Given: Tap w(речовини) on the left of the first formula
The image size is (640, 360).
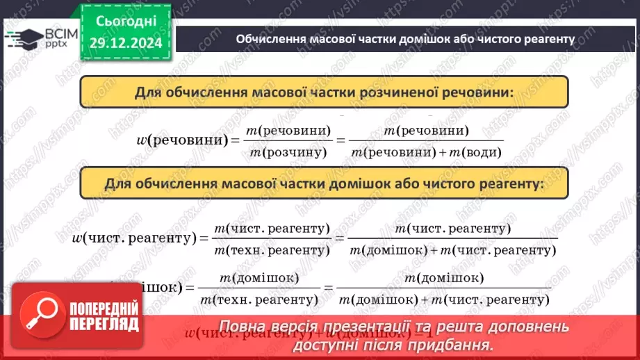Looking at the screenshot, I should click(x=183, y=140).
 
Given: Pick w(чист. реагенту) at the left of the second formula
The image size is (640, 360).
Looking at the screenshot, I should click(x=132, y=238).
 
